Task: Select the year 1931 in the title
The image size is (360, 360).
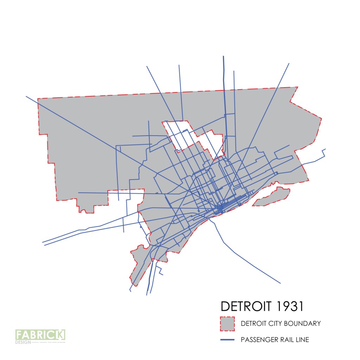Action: [289, 306]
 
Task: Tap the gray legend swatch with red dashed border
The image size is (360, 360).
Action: [227, 324]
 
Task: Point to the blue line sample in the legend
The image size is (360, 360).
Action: [227, 340]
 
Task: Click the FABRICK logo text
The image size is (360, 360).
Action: [40, 334]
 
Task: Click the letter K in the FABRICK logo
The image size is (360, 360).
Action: [61, 334]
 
